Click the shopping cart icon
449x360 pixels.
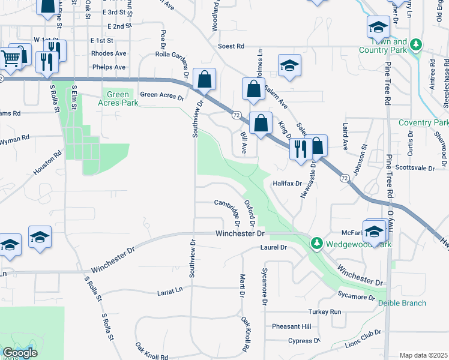(x=10, y=58)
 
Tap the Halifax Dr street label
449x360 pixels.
(x=286, y=183)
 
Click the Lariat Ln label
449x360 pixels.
(x=169, y=291)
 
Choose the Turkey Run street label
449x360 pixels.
(x=325, y=312)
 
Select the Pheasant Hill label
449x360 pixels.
(x=291, y=326)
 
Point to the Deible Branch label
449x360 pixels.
(x=402, y=303)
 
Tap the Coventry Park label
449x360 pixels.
(x=423, y=122)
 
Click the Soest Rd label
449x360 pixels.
(x=231, y=46)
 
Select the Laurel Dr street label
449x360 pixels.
(x=274, y=247)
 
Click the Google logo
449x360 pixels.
(x=20, y=353)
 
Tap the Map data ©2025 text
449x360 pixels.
(x=423, y=356)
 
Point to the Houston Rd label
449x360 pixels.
(x=47, y=163)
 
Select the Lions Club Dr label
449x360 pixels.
(x=363, y=342)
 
